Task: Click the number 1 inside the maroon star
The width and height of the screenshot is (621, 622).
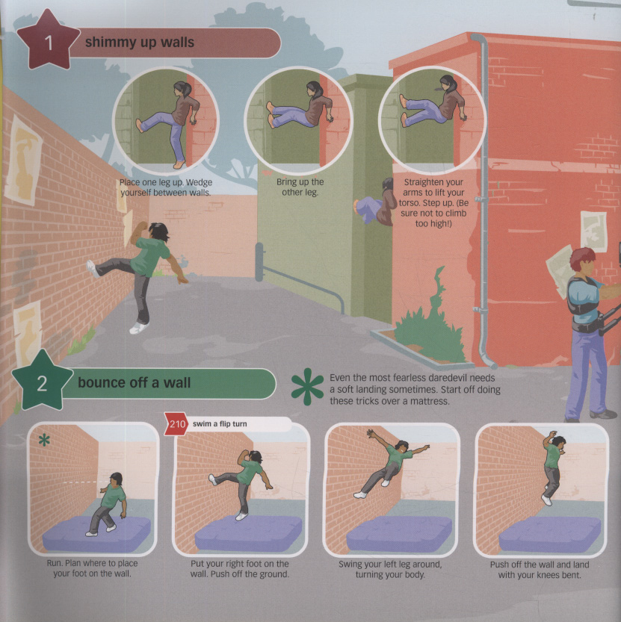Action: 49,43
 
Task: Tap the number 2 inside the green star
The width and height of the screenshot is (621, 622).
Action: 42,384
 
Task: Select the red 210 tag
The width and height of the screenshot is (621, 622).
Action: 176,424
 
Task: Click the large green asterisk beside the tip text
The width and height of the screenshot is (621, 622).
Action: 307,387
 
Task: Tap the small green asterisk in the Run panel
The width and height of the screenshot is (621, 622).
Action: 44,440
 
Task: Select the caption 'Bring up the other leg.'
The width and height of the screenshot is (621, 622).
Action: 300,187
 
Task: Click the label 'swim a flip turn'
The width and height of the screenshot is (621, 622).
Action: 220,424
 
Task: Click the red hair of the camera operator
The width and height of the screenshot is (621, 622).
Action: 581,258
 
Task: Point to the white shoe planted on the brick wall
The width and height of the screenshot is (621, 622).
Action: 92,269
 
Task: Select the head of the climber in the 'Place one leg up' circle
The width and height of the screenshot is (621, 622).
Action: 182,89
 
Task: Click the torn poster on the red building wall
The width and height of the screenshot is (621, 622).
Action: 593,231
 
